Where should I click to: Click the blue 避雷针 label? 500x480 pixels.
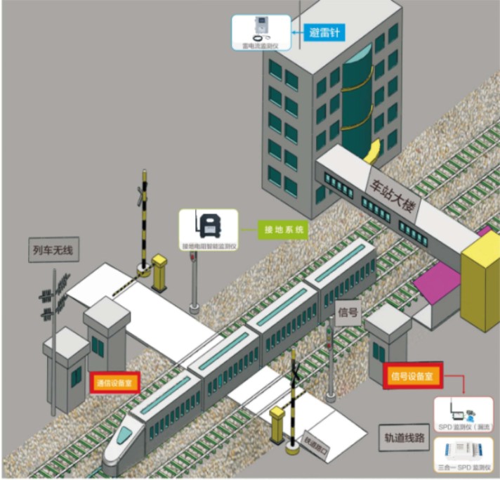tap(324, 32)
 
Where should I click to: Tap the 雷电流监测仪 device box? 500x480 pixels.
tap(261, 32)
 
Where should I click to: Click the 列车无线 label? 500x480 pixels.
tap(53, 248)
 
